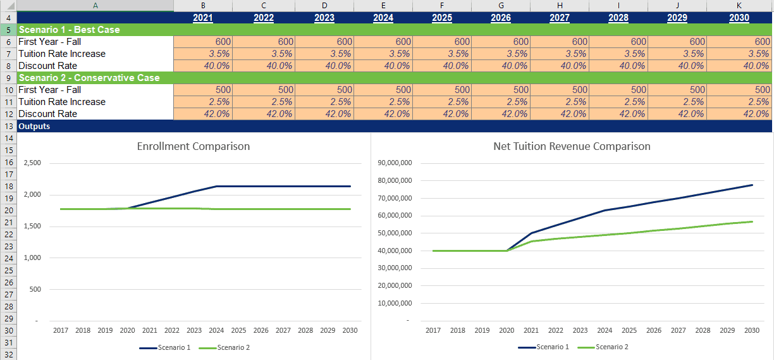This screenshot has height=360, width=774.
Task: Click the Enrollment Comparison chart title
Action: (x=193, y=146)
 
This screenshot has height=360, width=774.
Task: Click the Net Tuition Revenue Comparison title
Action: (x=572, y=146)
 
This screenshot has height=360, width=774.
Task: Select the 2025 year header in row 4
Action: (x=442, y=18)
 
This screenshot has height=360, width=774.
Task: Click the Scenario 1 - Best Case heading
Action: (x=69, y=30)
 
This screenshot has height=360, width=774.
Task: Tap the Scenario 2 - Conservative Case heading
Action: (x=89, y=78)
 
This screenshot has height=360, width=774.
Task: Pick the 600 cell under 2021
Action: (x=203, y=42)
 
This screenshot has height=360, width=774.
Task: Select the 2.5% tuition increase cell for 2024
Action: (x=383, y=102)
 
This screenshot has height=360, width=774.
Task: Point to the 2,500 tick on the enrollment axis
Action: (x=32, y=163)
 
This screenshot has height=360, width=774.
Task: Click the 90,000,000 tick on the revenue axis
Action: (x=395, y=163)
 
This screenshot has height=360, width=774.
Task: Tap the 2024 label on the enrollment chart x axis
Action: (x=216, y=330)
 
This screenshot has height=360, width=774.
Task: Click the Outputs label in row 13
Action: (x=34, y=126)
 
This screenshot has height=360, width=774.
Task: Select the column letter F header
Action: (x=442, y=6)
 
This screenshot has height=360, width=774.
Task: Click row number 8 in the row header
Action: (x=8, y=66)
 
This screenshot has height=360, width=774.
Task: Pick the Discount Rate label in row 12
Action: (x=48, y=114)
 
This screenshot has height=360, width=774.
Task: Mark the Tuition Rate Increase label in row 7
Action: (x=62, y=54)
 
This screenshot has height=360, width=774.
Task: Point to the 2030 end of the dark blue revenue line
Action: (x=752, y=185)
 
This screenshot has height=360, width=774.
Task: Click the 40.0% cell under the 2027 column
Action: (x=560, y=66)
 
